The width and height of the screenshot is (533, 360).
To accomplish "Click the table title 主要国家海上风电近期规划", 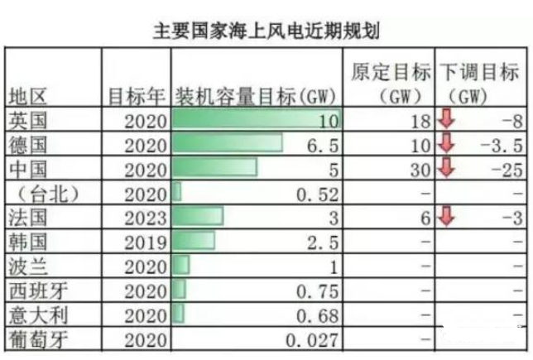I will coord(266,31).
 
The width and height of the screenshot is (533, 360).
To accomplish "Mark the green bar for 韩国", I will coord(194,242).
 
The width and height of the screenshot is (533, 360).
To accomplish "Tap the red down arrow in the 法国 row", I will coord(446,218).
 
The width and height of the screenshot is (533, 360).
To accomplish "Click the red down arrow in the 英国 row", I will coord(446,120).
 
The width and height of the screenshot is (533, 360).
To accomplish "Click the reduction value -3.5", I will coord(503,146).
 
